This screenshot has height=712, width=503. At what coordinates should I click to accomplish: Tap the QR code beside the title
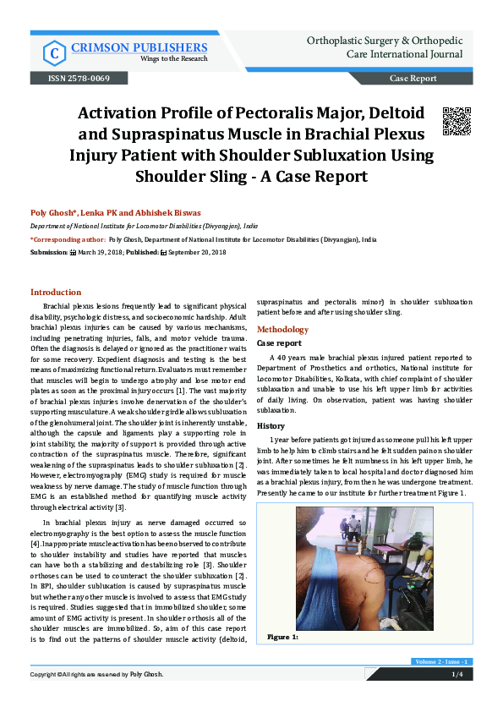click(x=457, y=121)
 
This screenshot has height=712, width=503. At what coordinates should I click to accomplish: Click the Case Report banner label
click(x=413, y=79)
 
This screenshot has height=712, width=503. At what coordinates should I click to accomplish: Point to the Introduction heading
click(x=56, y=292)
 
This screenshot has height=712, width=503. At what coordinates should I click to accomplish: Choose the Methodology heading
click(x=282, y=328)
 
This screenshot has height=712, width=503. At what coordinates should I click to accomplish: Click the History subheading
click(x=271, y=425)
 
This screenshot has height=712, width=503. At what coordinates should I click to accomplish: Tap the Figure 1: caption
click(x=283, y=636)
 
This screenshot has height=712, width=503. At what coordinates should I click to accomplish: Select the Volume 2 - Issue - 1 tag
click(x=442, y=661)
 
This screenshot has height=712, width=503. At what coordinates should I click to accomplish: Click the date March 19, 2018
click(x=103, y=252)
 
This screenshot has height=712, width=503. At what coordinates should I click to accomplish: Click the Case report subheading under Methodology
click(x=278, y=344)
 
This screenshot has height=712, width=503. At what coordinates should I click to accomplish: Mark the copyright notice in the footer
click(x=96, y=674)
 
